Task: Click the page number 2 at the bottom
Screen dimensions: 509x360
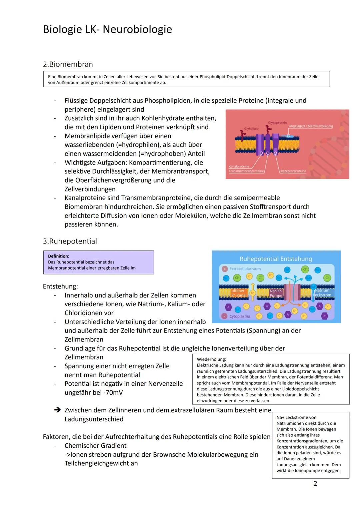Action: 315,483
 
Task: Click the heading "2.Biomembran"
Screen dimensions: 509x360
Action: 68,64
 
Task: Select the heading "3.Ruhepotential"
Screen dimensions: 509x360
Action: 70,241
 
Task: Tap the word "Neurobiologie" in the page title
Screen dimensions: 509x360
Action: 137,29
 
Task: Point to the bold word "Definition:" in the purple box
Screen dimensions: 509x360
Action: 59,256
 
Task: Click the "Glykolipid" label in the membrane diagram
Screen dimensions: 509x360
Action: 251,129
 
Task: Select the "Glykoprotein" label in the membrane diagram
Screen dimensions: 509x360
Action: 277,123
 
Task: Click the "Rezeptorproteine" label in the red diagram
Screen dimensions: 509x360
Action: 293,171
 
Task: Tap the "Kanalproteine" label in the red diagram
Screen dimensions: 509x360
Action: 239,166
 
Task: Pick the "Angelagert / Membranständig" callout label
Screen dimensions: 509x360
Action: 311,126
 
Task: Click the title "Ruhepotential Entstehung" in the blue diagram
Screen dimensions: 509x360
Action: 276,259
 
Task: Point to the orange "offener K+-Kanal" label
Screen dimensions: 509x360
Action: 239,293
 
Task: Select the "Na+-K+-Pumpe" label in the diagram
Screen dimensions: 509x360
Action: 276,293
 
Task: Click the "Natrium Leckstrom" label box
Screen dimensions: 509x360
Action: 322,293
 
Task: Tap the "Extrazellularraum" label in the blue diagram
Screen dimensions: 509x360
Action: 245,269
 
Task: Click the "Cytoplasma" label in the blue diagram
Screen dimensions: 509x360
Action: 240,316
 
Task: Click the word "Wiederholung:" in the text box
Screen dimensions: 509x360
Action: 211,359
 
